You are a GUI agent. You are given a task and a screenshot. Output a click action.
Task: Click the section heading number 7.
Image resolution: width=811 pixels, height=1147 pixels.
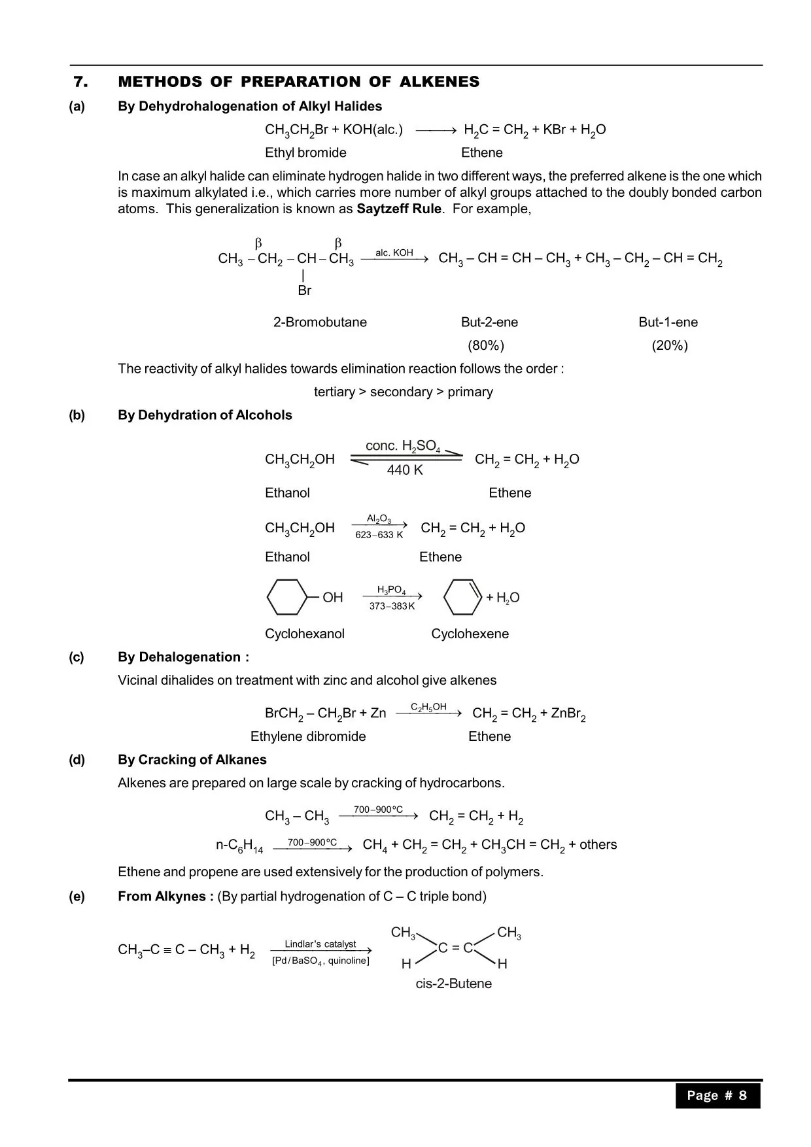[x=80, y=82]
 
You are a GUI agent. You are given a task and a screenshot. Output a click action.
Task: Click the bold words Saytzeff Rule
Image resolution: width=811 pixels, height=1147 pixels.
[x=399, y=209]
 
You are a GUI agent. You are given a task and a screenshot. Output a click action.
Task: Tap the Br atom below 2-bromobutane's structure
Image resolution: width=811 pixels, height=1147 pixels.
[x=304, y=290]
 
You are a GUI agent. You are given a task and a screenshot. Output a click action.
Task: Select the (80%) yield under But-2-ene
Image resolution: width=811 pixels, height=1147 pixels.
[x=486, y=345]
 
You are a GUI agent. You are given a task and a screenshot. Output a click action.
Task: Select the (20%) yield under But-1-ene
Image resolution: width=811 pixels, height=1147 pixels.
[x=670, y=345]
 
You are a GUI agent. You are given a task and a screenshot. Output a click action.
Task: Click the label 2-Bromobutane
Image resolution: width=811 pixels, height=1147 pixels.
[x=320, y=322]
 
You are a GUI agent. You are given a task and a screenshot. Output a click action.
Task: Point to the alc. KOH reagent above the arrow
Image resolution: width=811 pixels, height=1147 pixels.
[x=394, y=252]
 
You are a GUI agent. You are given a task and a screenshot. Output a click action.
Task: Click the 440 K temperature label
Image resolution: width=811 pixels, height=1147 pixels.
[x=405, y=470]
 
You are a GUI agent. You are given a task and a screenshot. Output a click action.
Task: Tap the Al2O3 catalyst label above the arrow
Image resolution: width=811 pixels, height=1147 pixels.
[x=379, y=519]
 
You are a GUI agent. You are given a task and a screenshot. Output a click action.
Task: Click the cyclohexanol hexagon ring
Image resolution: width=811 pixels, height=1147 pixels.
[x=286, y=597]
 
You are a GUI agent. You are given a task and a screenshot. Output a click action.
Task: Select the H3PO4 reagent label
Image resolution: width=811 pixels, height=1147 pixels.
[x=392, y=590]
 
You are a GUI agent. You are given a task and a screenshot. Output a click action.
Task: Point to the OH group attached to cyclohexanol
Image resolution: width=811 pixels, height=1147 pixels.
[x=332, y=598]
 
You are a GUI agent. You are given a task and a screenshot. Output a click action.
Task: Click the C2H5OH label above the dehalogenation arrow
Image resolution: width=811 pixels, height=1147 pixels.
[x=428, y=707]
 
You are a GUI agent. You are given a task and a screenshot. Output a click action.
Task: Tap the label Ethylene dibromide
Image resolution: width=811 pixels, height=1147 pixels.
[x=308, y=736]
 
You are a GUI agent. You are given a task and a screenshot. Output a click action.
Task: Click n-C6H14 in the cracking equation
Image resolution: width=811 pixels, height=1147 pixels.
[x=239, y=846]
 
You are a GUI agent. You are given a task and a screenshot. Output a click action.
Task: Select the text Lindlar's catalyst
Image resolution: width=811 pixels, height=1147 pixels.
[x=320, y=944]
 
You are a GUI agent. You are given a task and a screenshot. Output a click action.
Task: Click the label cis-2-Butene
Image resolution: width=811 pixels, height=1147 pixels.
[x=453, y=984]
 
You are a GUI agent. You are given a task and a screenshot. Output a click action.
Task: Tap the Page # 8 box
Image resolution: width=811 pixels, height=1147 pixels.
[x=717, y=1096]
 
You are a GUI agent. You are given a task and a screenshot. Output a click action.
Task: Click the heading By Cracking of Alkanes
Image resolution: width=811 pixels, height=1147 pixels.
[x=192, y=760]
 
